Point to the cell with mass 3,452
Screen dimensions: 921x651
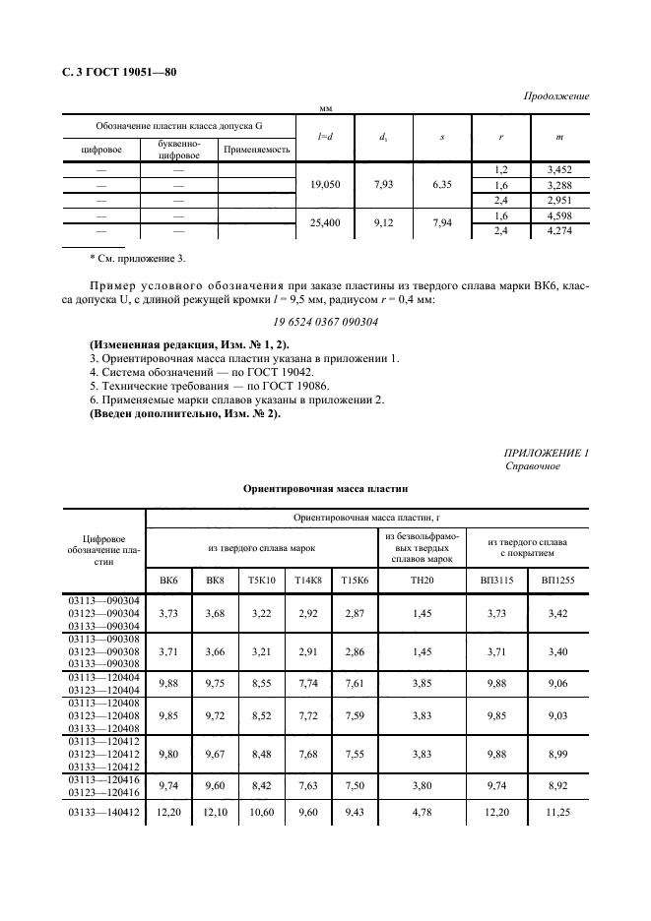pos(558,170)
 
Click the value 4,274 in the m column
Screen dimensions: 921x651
pos(558,231)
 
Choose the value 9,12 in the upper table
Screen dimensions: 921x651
pos(382,223)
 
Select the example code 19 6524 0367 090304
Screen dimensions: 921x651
pos(324,321)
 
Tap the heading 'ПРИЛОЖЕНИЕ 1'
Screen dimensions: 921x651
pos(546,452)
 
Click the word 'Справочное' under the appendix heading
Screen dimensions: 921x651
pos(533,465)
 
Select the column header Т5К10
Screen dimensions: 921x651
pos(260,582)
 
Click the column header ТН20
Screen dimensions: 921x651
pos(422,582)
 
